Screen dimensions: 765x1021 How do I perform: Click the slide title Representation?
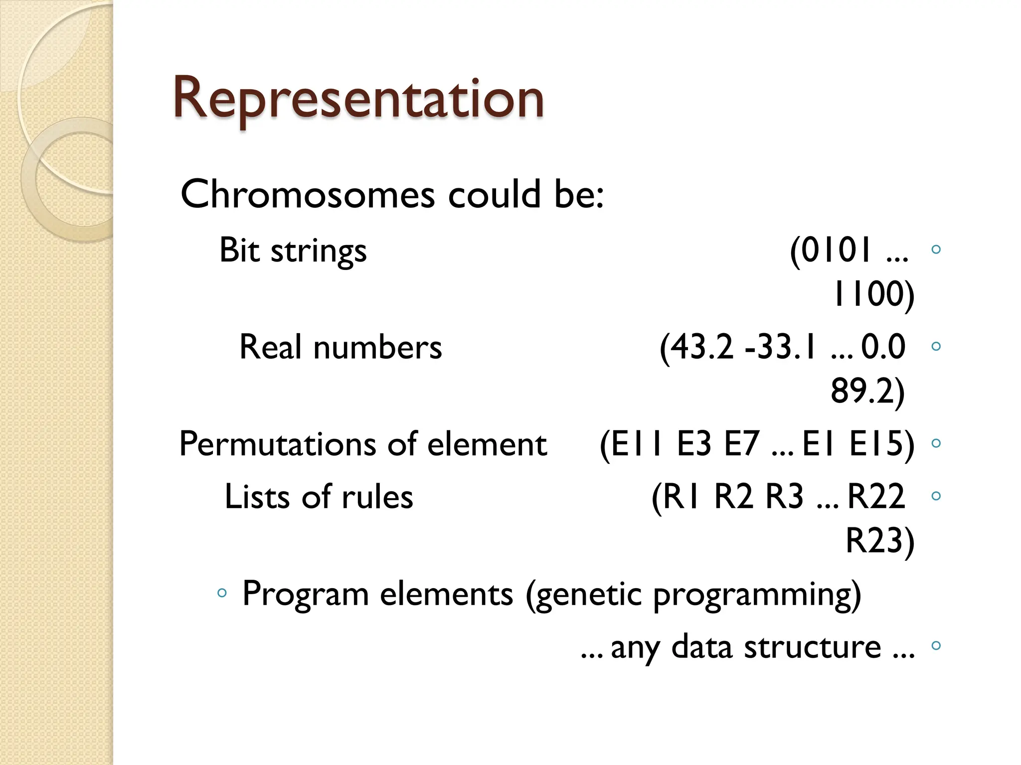(x=358, y=98)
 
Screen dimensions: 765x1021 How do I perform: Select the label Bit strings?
(x=293, y=251)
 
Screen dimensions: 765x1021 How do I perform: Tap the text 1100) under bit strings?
(x=873, y=294)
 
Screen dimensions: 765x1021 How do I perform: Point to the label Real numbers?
(x=340, y=347)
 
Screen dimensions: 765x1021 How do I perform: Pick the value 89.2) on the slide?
(x=867, y=391)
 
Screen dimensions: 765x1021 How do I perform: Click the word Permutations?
(x=277, y=444)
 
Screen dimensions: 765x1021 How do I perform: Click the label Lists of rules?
(x=319, y=497)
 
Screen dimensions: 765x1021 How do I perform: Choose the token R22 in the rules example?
(x=876, y=497)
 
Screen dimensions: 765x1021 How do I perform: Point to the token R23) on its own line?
(x=879, y=540)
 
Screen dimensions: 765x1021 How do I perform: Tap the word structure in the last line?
(x=812, y=647)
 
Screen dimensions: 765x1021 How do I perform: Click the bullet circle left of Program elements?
(x=222, y=593)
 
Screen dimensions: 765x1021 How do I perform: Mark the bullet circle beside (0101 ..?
(x=936, y=249)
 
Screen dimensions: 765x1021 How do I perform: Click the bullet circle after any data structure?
(x=936, y=645)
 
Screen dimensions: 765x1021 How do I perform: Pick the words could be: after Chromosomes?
(x=525, y=194)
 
